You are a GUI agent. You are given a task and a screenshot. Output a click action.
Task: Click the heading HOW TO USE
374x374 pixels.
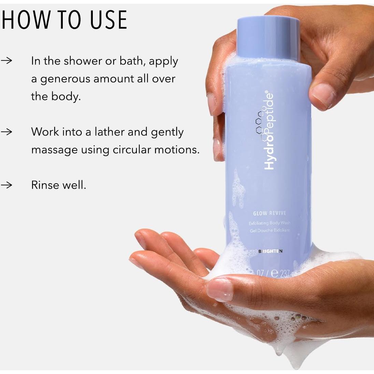[64, 20]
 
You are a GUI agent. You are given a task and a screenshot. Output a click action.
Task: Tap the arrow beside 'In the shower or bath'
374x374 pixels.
[6, 61]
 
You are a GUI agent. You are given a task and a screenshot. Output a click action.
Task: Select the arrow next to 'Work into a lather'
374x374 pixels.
[6, 132]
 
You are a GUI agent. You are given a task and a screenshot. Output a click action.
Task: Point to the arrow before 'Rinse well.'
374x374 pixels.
[6, 185]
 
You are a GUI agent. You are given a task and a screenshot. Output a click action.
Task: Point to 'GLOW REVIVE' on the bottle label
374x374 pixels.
[270, 214]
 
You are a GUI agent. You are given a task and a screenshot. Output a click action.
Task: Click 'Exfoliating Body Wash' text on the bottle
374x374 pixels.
[270, 223]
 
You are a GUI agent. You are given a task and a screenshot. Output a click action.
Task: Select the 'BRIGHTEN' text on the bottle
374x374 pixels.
[271, 251]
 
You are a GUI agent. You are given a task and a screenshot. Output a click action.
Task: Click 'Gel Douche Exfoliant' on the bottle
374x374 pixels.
[269, 230]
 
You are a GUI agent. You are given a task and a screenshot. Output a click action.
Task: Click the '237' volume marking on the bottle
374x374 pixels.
[284, 273]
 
